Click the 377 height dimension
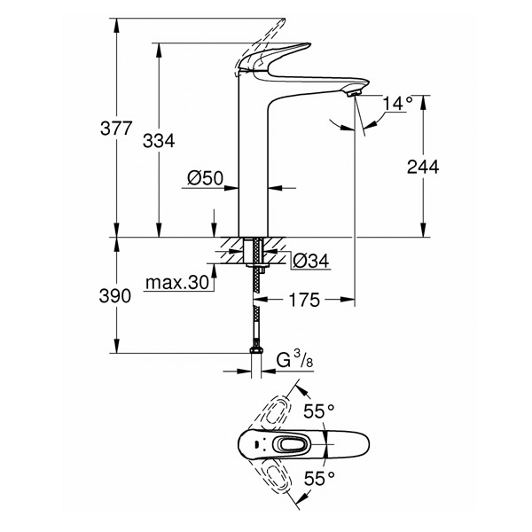(115, 129)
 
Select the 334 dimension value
(159, 141)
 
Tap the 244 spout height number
(423, 167)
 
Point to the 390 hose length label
(115, 296)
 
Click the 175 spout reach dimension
(304, 300)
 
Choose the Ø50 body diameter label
(206, 178)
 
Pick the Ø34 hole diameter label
(311, 261)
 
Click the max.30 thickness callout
(176, 283)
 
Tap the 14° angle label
(397, 104)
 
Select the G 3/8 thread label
(294, 360)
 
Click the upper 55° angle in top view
(319, 411)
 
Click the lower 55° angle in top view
(319, 479)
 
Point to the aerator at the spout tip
(355, 91)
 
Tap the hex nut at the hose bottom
(256, 350)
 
